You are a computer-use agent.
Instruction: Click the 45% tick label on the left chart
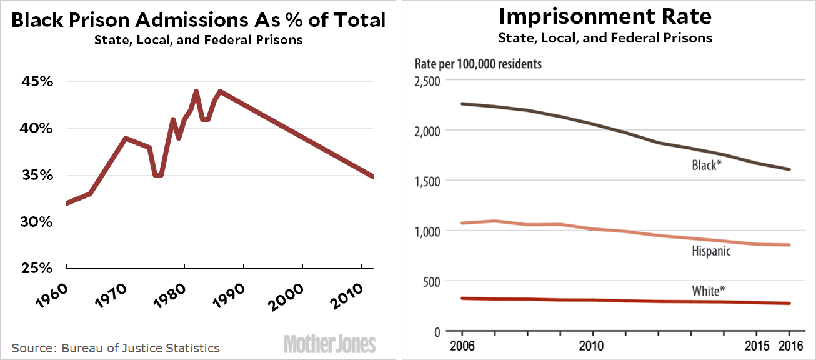tap(37, 82)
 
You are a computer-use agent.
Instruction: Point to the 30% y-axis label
tap(37, 222)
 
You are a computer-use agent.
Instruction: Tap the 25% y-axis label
tap(37, 269)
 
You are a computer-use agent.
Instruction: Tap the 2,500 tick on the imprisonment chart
tap(428, 81)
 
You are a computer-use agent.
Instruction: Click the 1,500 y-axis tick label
tap(428, 181)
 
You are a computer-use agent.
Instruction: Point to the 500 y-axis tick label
tap(432, 281)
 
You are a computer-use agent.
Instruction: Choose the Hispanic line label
tap(711, 251)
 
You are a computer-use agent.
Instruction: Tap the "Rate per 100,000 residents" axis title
tap(479, 64)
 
